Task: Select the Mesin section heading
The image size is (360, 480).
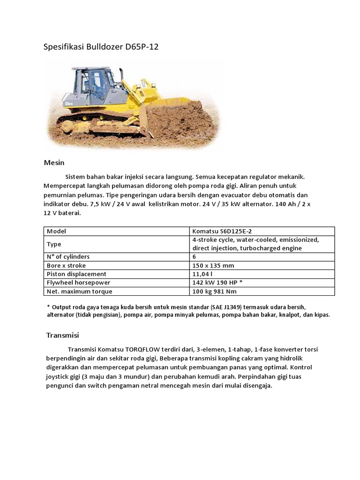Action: pos(54,163)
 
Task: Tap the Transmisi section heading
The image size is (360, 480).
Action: pos(62,335)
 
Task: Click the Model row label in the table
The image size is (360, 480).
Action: pos(57,231)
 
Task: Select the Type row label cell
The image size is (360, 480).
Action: pos(54,244)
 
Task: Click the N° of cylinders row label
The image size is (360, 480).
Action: pos(68,257)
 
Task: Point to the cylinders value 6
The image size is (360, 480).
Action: pos(195,257)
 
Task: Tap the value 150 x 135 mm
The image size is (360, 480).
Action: pos(213,265)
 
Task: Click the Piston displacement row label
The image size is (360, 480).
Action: pos(77,274)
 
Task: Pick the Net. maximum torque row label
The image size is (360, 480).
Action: pos(80,291)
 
